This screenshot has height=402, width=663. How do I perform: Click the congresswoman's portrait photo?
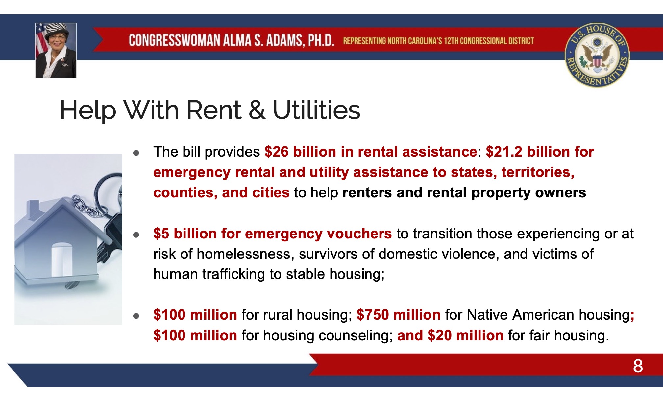pos(56,50)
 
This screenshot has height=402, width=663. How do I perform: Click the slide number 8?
pos(638,366)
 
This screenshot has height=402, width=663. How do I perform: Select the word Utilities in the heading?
pos(316,110)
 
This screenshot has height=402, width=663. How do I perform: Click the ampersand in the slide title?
pos(257,110)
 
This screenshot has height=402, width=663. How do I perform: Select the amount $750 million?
pos(398,315)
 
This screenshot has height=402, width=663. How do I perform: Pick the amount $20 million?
pos(465,335)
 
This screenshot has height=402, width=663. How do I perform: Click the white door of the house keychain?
pos(61,259)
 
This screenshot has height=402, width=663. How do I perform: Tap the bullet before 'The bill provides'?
pos(136,153)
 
